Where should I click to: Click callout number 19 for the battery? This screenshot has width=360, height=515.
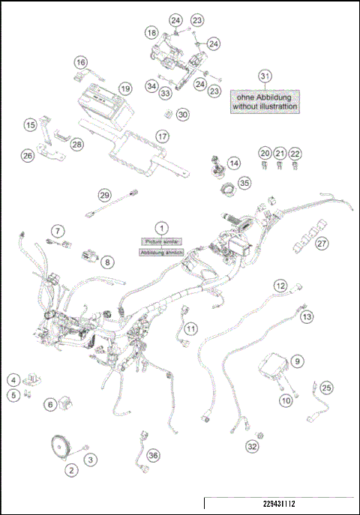pyautogui.click(x=125, y=88)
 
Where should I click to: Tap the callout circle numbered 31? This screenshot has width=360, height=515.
pyautogui.click(x=264, y=76)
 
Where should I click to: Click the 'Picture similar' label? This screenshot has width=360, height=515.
pyautogui.click(x=160, y=241)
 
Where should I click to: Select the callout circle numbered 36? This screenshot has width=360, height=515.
pyautogui.click(x=153, y=455)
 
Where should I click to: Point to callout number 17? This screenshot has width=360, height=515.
pyautogui.click(x=162, y=136)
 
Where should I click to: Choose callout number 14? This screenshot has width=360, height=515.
pyautogui.click(x=235, y=163)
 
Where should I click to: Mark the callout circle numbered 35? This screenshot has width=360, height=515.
pyautogui.click(x=245, y=183)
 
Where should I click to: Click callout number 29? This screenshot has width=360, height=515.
pyautogui.click(x=105, y=195)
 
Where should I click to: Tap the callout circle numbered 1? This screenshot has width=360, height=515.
pyautogui.click(x=160, y=226)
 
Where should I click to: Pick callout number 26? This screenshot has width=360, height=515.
pyautogui.click(x=28, y=156)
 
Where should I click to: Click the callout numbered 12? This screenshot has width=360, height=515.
pyautogui.click(x=280, y=286)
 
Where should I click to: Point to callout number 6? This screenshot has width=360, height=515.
pyautogui.click(x=51, y=404)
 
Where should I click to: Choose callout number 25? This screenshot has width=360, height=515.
pyautogui.click(x=326, y=388)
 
